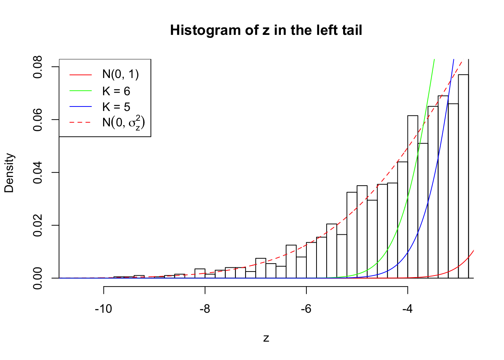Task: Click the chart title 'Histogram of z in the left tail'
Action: pos(266,30)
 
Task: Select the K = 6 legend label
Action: pos(116,91)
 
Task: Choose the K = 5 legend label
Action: pos(116,107)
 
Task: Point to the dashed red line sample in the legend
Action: pos(80,122)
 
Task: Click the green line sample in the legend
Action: pos(80,91)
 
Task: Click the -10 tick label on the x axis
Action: pos(103,309)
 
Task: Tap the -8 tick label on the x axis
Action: pos(205,309)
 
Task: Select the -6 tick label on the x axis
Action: pos(306,309)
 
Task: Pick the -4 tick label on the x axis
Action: pos(407,309)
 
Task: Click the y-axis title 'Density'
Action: pos(9,172)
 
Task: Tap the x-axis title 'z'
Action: pos(266,338)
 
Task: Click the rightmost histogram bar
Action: pos(463,176)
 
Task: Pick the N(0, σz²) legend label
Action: pos(123,122)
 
